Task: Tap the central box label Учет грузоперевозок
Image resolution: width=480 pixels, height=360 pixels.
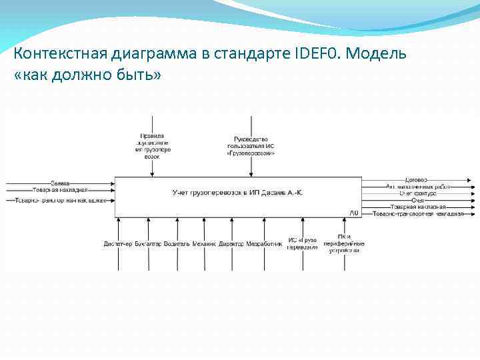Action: point(237,193)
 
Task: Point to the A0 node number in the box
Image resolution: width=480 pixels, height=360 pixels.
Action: point(353,213)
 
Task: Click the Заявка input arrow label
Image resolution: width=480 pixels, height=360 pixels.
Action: point(60,182)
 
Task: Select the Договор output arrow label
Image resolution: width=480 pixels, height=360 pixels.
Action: point(416,179)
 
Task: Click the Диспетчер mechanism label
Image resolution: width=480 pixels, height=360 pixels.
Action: point(118,244)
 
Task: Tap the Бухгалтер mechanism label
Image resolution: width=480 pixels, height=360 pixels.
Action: point(147,244)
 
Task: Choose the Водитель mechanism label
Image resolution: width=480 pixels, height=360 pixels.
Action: point(177,244)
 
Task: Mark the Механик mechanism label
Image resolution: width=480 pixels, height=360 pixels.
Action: point(204,244)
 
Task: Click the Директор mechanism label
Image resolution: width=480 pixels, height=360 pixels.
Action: point(231,244)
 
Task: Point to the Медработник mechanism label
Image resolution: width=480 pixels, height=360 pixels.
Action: point(264,244)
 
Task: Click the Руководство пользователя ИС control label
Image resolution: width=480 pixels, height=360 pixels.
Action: point(251,146)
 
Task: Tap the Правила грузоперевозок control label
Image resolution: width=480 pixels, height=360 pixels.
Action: point(153,146)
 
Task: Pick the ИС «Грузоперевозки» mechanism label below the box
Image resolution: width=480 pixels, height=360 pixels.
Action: point(302,243)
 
